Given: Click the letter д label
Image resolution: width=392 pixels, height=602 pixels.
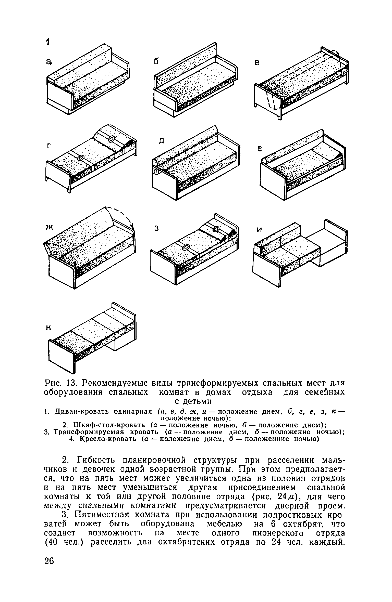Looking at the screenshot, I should pyautogui.click(x=161, y=140).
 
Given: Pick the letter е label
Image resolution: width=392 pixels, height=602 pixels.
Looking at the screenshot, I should pyautogui.click(x=259, y=149).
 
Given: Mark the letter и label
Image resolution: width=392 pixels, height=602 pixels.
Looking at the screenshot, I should pyautogui.click(x=260, y=230).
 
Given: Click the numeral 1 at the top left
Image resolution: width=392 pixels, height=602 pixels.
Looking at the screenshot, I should pyautogui.click(x=47, y=42).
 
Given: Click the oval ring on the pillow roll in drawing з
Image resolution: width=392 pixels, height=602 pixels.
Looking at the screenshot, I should pyautogui.click(x=216, y=229).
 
